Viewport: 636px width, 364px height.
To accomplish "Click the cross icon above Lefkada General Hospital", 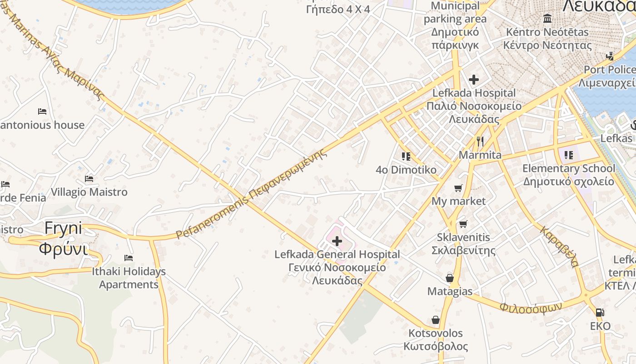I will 337,241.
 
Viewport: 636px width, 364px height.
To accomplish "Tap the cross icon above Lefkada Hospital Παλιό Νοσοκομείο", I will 473,80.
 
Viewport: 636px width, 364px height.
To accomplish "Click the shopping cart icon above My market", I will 458,188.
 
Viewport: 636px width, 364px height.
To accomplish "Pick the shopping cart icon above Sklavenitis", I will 463,224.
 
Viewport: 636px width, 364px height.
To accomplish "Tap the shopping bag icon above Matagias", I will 450,278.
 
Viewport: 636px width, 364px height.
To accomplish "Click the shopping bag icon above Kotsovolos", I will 435,320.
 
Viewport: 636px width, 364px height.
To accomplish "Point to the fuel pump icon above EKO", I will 600,313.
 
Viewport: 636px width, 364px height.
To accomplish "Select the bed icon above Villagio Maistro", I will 89,179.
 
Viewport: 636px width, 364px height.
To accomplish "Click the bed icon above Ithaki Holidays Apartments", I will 129,258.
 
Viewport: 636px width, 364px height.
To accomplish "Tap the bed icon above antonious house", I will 42,111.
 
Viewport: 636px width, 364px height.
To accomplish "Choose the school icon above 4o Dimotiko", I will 406,157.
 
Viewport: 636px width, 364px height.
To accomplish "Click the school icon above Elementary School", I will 568,155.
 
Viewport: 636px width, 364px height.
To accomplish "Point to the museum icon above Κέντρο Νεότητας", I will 547,19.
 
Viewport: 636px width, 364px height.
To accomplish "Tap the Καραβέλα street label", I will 560,246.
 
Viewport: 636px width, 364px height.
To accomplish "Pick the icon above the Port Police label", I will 610,56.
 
